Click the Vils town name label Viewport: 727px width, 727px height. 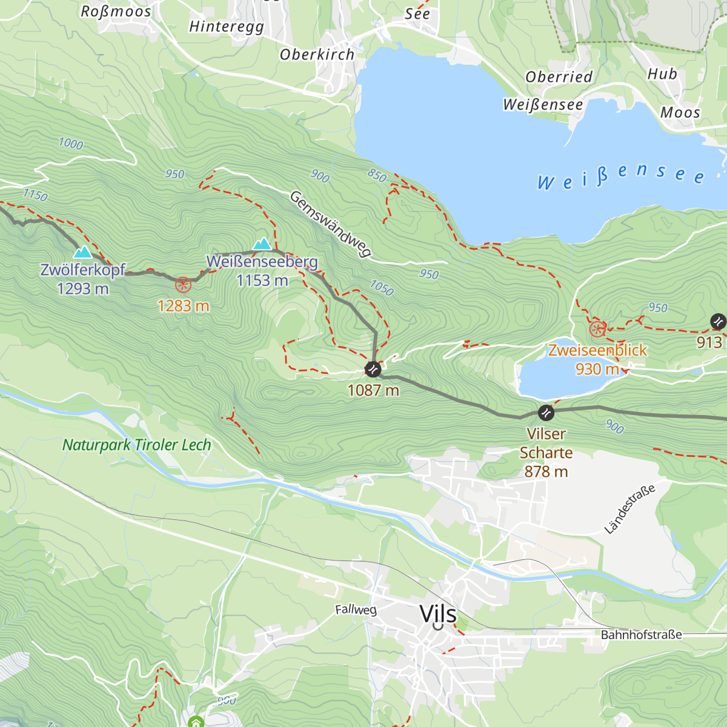click(438, 614)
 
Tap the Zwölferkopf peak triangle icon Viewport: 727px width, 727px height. click(82, 251)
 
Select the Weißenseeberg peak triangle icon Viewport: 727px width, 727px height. click(262, 244)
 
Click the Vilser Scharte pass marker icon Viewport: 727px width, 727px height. click(546, 413)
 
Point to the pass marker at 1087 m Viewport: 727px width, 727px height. click(373, 369)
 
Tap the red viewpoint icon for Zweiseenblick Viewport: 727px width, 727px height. click(597, 329)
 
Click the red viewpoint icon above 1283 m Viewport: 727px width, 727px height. click(183, 285)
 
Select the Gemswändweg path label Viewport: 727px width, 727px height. click(330, 224)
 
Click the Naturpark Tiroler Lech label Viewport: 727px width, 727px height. click(137, 445)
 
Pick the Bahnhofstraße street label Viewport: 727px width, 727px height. click(641, 635)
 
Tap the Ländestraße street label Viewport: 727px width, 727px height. click(630, 509)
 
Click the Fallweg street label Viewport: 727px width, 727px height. click(356, 609)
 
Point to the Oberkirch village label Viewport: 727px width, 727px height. click(317, 55)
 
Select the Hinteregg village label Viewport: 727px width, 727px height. click(227, 27)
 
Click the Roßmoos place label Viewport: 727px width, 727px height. click(115, 12)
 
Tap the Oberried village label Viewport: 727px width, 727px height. click(559, 77)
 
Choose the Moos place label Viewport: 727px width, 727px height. click(680, 113)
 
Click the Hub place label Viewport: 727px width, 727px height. click(662, 74)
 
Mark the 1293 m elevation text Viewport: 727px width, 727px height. click(83, 289)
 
